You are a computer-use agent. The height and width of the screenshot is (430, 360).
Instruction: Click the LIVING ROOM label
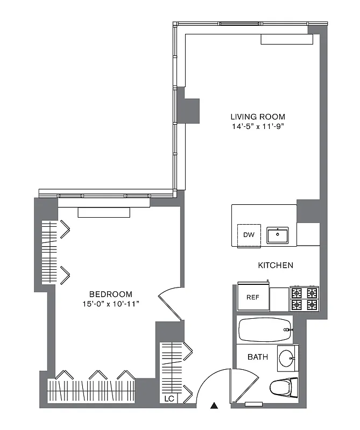(x=258, y=117)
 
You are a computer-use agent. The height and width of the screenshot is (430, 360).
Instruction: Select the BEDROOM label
(x=110, y=294)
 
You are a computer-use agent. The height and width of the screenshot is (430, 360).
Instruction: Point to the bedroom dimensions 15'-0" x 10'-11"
(x=110, y=304)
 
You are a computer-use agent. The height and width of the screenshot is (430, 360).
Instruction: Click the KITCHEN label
(x=276, y=265)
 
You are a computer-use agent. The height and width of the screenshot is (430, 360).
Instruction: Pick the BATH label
(x=258, y=357)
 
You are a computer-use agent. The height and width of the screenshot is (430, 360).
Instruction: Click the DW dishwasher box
(x=249, y=235)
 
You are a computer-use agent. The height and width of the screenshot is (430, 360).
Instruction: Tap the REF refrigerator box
(x=253, y=297)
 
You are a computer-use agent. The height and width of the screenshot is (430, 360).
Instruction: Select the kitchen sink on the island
(x=278, y=235)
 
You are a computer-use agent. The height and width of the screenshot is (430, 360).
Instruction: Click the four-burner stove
(x=304, y=299)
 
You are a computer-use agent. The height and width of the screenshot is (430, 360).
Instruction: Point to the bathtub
(x=265, y=330)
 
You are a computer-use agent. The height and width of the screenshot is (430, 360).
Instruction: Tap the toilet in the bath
(x=284, y=387)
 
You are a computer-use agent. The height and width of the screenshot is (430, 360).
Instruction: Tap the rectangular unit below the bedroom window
(x=104, y=212)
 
